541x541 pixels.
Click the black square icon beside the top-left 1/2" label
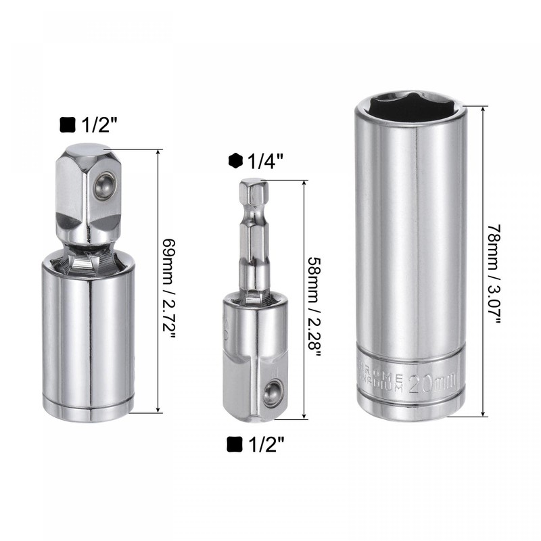click(68, 125)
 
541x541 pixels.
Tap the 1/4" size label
click(265, 161)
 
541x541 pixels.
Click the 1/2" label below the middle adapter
click(265, 444)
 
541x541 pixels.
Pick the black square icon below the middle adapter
click(235, 444)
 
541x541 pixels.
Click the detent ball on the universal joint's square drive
click(105, 183)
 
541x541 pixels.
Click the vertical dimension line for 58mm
click(303, 298)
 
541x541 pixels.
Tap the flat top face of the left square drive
click(83, 149)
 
